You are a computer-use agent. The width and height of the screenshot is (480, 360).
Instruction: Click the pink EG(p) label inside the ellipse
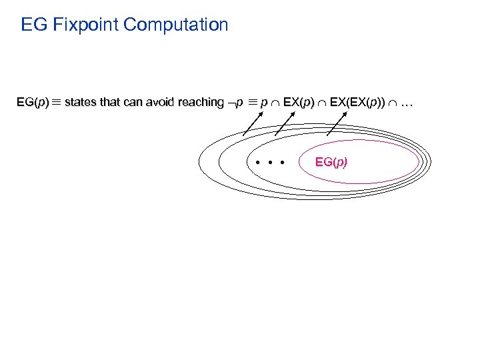pos(331,162)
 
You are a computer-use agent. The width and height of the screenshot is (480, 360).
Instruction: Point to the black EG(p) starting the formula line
pos(33,102)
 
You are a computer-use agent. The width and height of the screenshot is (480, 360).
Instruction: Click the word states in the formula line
pos(81,102)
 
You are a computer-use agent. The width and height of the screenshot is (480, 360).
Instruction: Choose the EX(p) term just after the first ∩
pos(299,102)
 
